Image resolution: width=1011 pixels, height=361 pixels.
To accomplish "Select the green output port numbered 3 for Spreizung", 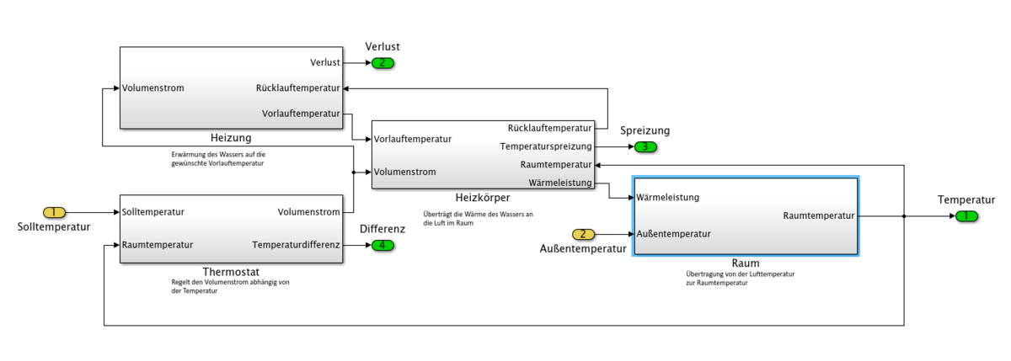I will click(645, 146).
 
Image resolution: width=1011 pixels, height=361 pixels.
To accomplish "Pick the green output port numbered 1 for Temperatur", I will click(966, 215).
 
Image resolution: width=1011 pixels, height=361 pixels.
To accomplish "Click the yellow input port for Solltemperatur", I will click(53, 212).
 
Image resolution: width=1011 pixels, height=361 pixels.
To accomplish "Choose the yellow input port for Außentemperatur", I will click(583, 233).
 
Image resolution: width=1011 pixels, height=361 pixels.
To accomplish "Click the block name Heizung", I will click(231, 137).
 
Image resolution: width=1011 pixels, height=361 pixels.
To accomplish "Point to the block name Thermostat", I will click(230, 272).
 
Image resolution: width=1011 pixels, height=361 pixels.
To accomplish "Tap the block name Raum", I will click(745, 263).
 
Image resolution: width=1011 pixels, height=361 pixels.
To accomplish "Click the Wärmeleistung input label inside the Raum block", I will click(667, 198).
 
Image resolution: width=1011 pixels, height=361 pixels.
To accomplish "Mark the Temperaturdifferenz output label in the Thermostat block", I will click(296, 245).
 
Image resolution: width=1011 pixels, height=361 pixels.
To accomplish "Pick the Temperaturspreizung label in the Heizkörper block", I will click(546, 146).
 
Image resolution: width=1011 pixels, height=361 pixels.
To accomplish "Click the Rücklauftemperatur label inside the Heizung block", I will click(297, 88).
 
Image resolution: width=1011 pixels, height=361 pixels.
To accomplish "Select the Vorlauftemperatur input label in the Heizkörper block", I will click(414, 139).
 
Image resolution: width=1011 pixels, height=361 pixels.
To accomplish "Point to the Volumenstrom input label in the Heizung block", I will click(152, 88).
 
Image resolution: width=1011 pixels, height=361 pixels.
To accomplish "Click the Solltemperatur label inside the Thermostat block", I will click(153, 212).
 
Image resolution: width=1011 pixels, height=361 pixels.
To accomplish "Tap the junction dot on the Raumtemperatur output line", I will click(903, 215).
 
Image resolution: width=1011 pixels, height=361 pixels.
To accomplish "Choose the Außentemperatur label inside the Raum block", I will click(674, 233).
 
